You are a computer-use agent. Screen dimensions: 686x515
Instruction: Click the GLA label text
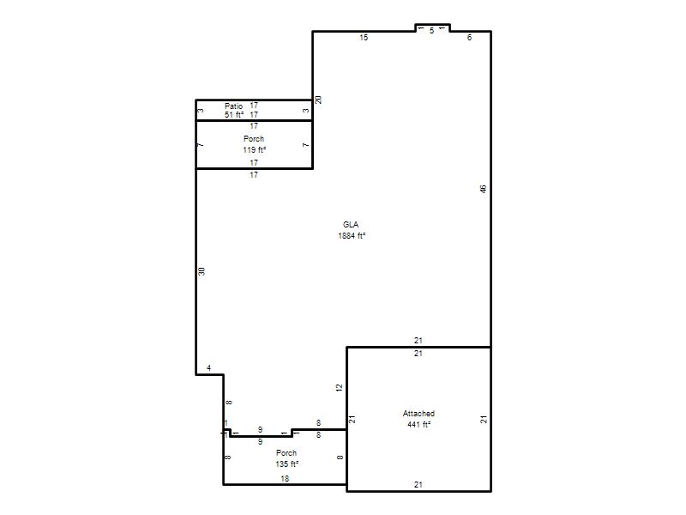tap(351, 225)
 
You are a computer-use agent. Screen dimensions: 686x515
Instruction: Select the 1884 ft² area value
tap(352, 235)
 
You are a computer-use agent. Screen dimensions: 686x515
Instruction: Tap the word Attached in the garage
tap(418, 414)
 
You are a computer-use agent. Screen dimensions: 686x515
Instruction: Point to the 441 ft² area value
tap(419, 424)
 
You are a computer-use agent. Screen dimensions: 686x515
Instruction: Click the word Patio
tap(233, 106)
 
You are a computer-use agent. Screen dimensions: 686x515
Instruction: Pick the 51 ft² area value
tap(234, 115)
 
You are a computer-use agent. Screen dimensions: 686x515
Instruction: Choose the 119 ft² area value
tap(255, 149)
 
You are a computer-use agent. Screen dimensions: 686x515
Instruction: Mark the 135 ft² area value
tap(287, 463)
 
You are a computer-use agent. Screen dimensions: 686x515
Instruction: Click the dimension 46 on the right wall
tap(483, 189)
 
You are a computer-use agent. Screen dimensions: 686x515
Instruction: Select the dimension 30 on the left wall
tap(202, 271)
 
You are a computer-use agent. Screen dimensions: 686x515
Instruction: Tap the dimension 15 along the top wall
tap(364, 38)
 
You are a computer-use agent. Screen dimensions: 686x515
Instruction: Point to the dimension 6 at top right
tap(469, 38)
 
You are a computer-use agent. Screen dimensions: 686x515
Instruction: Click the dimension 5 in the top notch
tap(432, 31)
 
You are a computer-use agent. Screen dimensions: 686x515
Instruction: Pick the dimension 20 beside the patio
tap(318, 100)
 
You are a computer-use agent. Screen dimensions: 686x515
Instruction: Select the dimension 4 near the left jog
tap(209, 368)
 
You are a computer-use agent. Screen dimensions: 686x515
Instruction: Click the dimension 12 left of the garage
tap(339, 388)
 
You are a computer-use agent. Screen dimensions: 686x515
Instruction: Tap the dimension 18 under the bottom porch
tap(285, 479)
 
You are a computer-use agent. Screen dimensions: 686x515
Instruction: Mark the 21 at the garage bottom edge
tap(418, 485)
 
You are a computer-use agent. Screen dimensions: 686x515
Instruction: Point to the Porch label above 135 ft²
tap(286, 453)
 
